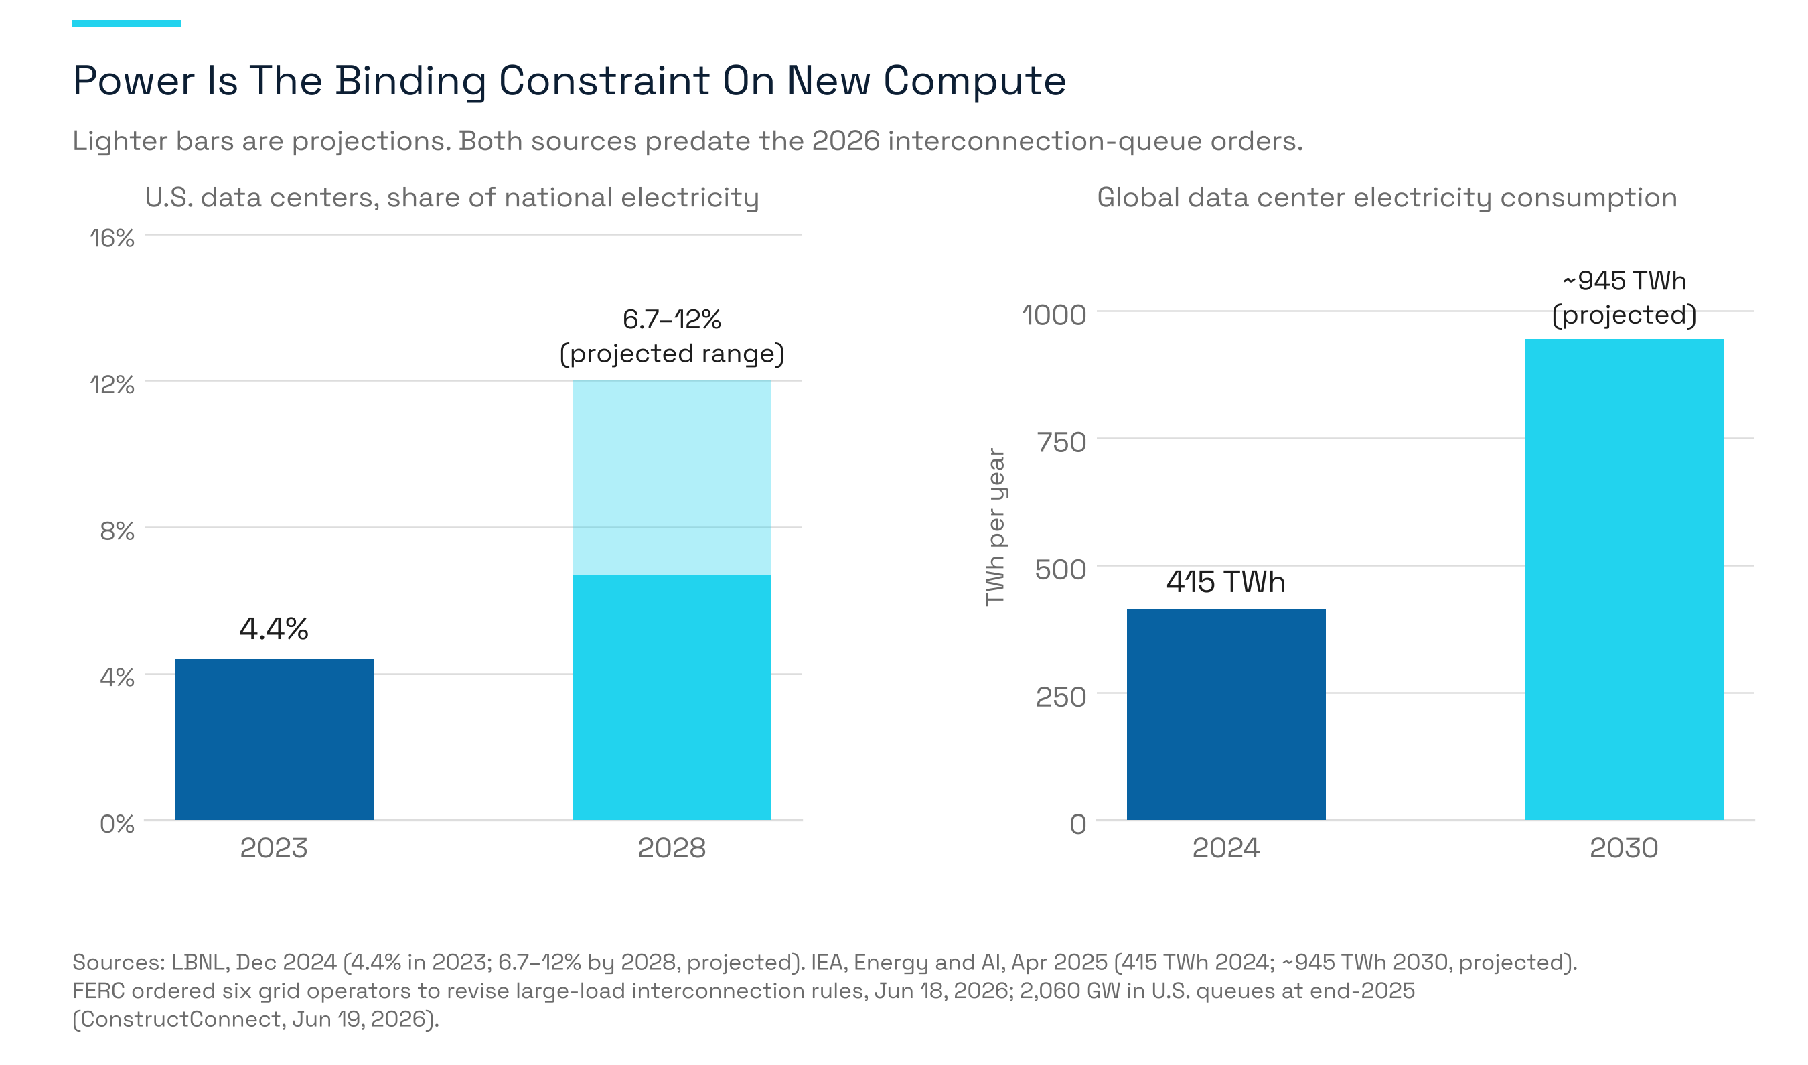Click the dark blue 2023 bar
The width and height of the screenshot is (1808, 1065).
274,739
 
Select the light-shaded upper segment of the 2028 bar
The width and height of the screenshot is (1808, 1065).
672,477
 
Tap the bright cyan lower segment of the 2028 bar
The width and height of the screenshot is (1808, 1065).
672,697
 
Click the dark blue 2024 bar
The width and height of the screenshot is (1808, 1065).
1226,714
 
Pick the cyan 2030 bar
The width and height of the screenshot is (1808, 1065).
1624,579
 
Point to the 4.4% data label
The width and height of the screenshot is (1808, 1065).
274,629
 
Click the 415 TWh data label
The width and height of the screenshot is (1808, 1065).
1226,581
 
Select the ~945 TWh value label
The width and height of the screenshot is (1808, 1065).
1625,281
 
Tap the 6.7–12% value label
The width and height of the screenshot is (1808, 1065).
672,319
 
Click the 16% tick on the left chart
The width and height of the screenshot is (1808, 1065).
112,238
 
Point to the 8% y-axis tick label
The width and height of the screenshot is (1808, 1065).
117,531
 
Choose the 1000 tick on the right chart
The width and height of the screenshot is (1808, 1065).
1054,315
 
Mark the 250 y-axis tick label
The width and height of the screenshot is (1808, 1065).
1061,697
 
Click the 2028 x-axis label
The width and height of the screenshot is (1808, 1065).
672,848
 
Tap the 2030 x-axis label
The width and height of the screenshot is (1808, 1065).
1624,848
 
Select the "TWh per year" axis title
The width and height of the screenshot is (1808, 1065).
995,528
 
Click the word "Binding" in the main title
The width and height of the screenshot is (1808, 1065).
411,81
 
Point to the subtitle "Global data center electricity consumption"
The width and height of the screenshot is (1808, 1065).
1387,198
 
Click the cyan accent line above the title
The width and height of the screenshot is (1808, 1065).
127,23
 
